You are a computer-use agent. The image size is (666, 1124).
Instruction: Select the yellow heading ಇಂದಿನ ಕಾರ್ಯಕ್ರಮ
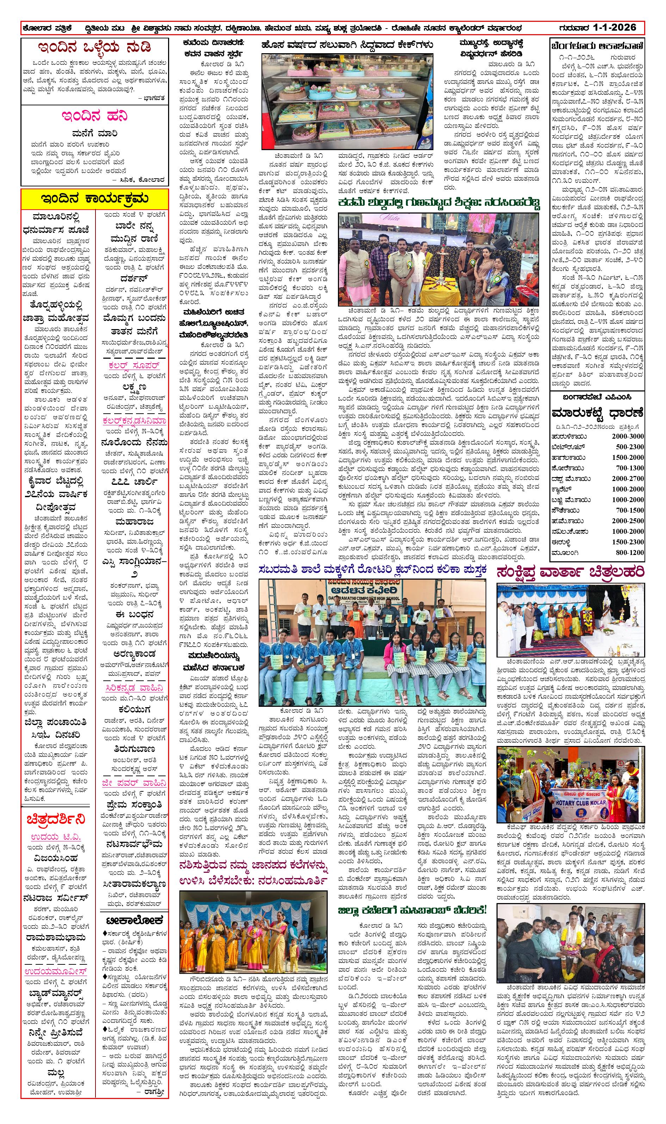click(x=95, y=199)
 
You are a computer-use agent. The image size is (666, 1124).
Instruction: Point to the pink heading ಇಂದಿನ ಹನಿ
click(x=95, y=116)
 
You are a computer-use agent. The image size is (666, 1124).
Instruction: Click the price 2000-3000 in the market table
click(x=627, y=436)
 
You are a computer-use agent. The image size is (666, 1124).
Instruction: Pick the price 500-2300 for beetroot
click(x=630, y=447)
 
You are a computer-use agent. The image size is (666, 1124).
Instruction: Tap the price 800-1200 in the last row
click(x=630, y=553)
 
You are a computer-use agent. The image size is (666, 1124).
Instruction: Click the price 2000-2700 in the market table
click(x=627, y=479)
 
